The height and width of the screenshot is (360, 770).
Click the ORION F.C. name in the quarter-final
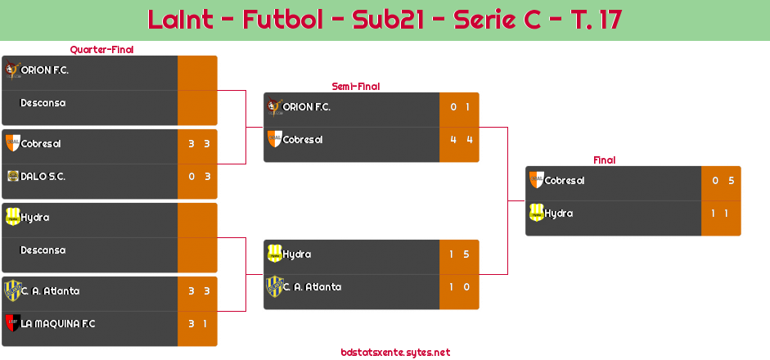click(44, 70)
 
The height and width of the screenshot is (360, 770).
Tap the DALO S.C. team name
click(43, 177)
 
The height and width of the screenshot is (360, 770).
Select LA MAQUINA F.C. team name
click(58, 324)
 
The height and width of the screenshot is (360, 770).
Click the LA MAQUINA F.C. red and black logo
click(12, 323)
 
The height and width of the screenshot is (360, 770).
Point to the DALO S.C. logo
click(12, 176)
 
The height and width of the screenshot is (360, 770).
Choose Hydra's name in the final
click(558, 214)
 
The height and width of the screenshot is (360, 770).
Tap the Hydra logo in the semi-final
click(274, 254)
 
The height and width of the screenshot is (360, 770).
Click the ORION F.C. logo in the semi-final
click(274, 106)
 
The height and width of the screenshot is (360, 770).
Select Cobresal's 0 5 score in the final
click(721, 181)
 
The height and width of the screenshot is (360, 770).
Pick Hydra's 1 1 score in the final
click(721, 214)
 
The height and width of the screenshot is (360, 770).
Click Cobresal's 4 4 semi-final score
click(459, 140)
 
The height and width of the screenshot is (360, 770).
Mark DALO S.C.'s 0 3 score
click(197, 177)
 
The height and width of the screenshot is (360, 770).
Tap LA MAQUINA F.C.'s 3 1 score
click(197, 324)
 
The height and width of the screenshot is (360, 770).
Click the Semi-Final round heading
click(354, 86)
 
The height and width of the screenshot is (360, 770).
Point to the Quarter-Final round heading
click(100, 49)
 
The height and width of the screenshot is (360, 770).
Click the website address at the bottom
click(395, 353)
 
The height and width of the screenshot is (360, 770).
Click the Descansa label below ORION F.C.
click(43, 103)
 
